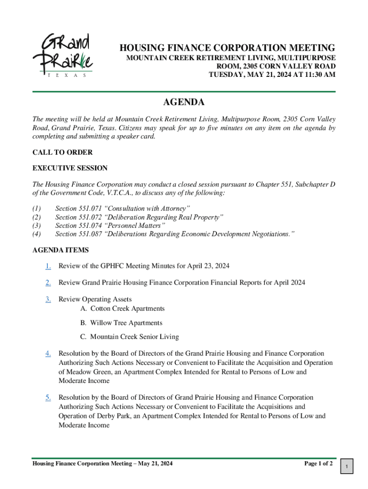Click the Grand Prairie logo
click(x=62, y=55)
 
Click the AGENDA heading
click(x=184, y=102)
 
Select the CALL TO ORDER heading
click(x=62, y=152)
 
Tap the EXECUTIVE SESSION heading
click(x=70, y=168)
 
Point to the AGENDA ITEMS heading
click(x=60, y=250)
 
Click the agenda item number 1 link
click(x=48, y=266)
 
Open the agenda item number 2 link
click(x=48, y=283)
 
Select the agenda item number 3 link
click(x=48, y=299)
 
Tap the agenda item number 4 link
click(x=48, y=353)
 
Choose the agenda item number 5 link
click(x=48, y=397)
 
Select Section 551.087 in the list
click(x=78, y=234)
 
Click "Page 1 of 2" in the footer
click(x=318, y=464)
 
